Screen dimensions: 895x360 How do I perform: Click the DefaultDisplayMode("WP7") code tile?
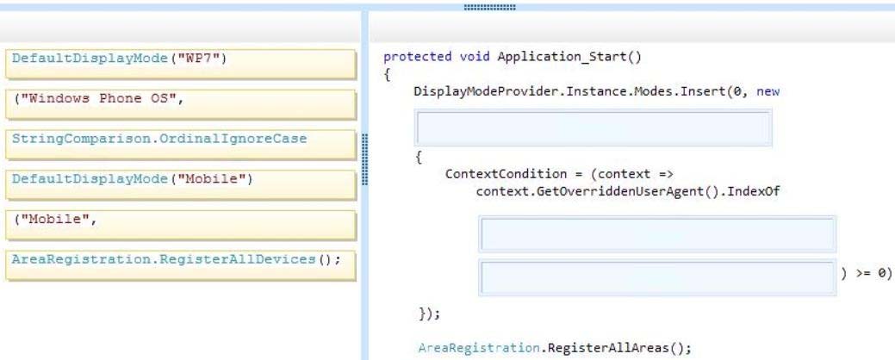(180, 64)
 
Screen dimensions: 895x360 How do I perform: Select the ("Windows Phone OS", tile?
(180, 104)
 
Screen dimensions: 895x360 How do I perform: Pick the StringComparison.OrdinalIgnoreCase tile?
(180, 145)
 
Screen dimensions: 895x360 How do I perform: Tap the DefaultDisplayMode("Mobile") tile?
(180, 184)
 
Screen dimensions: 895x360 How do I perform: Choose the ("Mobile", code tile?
(180, 225)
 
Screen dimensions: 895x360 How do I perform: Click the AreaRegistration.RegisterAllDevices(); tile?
(180, 265)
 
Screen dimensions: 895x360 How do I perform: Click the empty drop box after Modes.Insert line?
(593, 127)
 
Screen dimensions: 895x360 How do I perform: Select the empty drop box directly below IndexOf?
(657, 234)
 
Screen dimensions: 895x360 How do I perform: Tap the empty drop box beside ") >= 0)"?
(657, 278)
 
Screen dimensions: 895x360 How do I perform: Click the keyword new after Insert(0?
(768, 91)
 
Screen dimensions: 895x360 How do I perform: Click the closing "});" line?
(430, 313)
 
